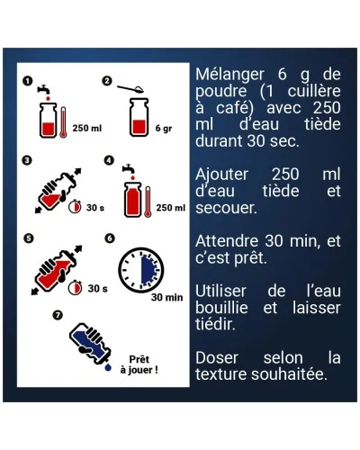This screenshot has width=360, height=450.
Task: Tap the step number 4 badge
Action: coord(110,161)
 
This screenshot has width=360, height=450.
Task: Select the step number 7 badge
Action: coord(58,315)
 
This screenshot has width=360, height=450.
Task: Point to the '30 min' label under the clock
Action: coord(166,297)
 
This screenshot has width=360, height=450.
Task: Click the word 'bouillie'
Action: coord(222,308)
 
